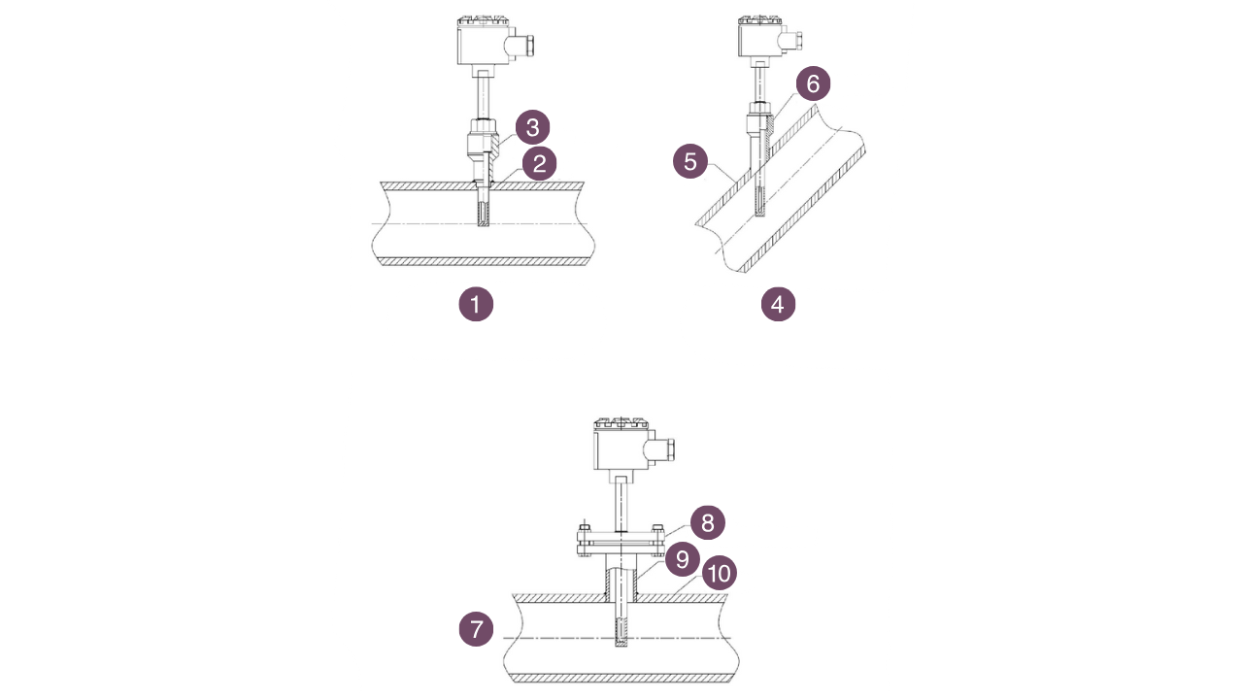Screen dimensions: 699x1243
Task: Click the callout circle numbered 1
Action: coord(476,305)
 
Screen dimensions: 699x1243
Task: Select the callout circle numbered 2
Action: coord(539,163)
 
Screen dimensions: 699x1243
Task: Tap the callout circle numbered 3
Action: coord(532,127)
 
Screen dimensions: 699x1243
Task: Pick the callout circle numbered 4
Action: coord(778,305)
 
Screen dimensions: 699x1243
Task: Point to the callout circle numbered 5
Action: coord(690,161)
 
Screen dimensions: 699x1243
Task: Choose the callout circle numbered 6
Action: coord(813,84)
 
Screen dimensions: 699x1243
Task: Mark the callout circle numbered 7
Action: coord(476,629)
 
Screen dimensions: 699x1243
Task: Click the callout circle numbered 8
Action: coord(708,523)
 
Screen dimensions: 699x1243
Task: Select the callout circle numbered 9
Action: coord(683,559)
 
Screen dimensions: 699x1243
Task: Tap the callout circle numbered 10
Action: coord(719,574)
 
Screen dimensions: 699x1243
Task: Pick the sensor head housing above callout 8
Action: coord(620,449)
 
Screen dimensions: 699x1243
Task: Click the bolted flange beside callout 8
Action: coord(619,541)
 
